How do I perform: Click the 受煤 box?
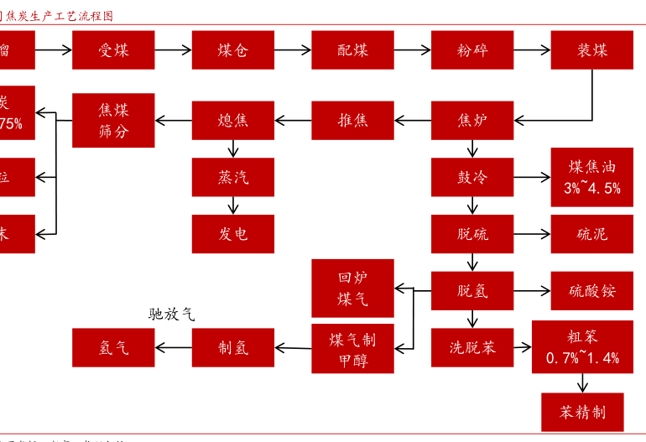click(113, 49)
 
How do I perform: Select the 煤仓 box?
click(233, 49)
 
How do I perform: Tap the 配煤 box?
click(352, 49)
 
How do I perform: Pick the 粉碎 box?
click(472, 49)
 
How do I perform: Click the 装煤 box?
click(591, 49)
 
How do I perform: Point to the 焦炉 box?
click(472, 120)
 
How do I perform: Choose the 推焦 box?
click(352, 120)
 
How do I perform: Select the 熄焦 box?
click(233, 120)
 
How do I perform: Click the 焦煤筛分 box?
click(113, 120)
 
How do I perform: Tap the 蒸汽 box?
click(233, 177)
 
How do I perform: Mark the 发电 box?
click(233, 234)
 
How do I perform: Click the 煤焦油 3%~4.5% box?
click(591, 177)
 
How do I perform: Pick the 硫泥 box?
click(591, 234)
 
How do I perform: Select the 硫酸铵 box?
click(591, 291)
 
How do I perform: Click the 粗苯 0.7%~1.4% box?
click(582, 347)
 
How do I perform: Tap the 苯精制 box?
click(582, 412)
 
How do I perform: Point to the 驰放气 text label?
click(171, 315)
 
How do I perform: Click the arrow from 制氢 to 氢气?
click(174, 347)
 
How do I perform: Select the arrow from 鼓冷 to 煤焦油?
click(531, 177)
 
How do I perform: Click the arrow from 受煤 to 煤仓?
click(174, 49)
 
